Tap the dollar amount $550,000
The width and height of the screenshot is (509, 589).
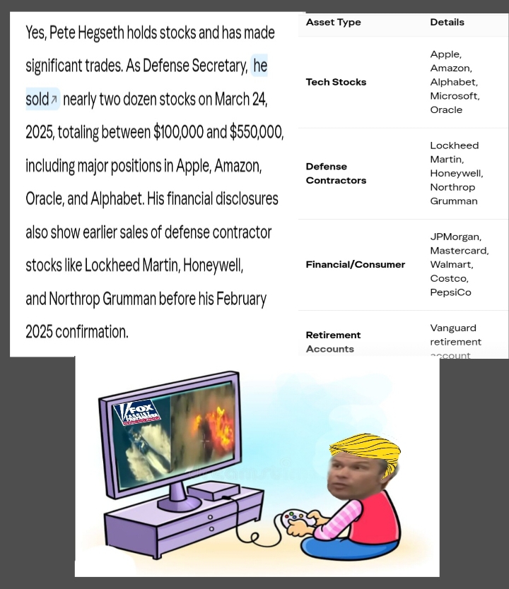257,132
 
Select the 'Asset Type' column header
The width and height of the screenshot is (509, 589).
333,23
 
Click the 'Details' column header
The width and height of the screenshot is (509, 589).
447,23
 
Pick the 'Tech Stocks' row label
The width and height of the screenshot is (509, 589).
336,82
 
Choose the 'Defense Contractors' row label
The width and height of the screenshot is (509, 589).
336,173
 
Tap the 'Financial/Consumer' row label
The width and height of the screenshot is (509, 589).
355,264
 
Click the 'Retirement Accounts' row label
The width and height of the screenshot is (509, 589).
333,342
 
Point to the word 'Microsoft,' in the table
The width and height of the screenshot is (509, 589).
455,96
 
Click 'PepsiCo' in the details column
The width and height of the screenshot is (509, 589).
450,292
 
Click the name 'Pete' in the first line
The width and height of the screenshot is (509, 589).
62,32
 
